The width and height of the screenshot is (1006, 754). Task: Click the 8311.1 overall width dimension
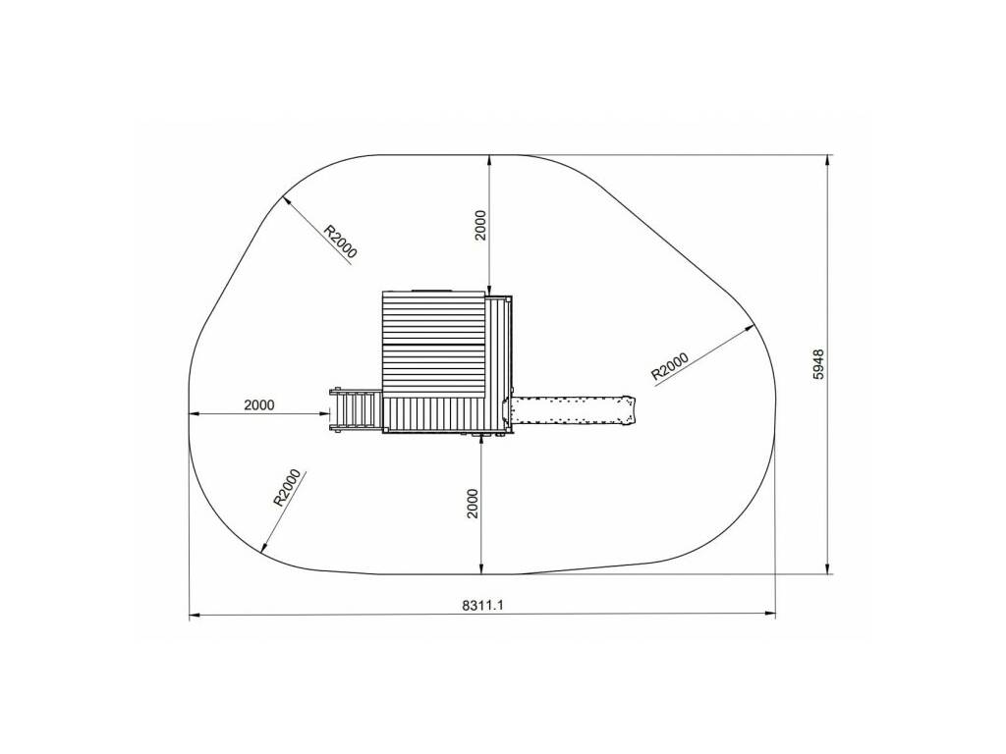click(x=482, y=605)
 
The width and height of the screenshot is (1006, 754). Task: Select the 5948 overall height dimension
click(x=818, y=364)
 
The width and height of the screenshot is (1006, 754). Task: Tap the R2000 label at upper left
click(x=339, y=242)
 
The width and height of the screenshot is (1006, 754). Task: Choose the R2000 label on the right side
click(x=670, y=366)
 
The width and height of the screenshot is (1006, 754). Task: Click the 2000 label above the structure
click(x=480, y=225)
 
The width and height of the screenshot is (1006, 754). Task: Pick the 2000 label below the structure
click(x=473, y=504)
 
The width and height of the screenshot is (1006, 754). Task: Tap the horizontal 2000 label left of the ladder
click(x=259, y=405)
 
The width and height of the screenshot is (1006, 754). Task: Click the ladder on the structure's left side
click(x=355, y=410)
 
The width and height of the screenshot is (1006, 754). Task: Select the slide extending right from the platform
click(x=570, y=410)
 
